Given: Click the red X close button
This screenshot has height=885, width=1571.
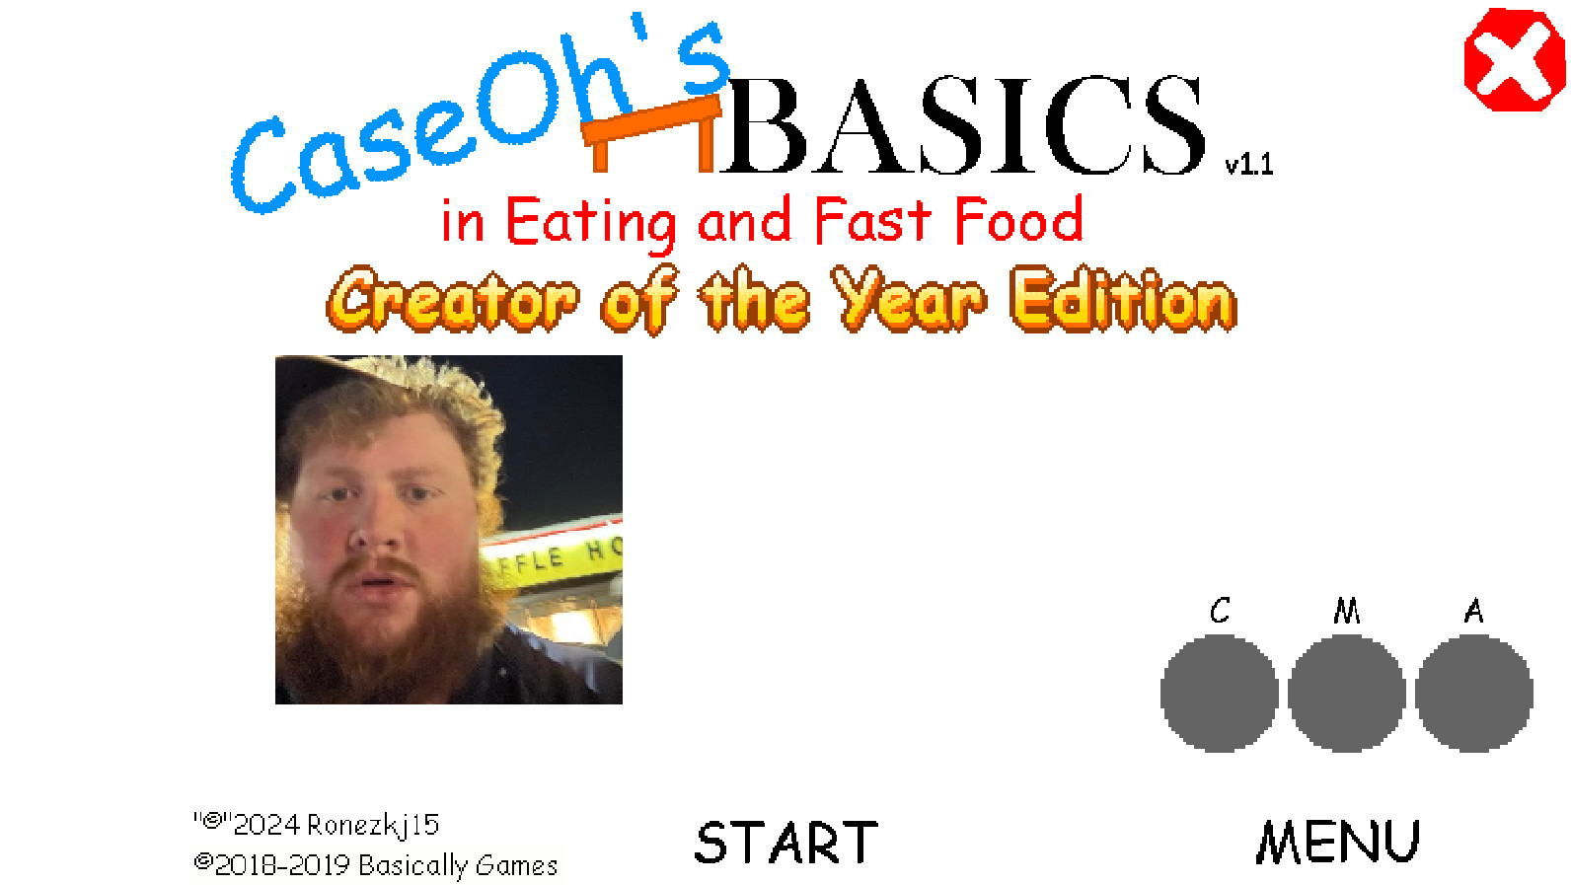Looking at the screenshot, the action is tap(1514, 59).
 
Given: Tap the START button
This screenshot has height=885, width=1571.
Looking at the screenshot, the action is tap(786, 843).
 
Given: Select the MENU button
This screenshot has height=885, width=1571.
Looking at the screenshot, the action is tap(1337, 842).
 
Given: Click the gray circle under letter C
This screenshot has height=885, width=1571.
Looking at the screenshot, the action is tap(1219, 694).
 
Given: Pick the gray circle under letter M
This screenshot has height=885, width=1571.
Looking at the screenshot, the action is tap(1347, 694).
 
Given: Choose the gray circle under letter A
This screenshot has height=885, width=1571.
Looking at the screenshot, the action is tap(1474, 694).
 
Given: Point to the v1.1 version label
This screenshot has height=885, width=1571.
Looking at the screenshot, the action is tap(1249, 165).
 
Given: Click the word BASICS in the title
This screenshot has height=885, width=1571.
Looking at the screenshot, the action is tap(962, 125).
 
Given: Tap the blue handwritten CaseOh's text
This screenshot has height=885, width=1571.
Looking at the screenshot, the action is tap(482, 112).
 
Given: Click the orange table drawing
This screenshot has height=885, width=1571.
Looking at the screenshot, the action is tap(652, 133).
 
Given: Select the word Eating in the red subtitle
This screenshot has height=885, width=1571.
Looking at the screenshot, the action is tap(590, 223).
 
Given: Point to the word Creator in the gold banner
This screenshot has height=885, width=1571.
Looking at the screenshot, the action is tap(452, 300).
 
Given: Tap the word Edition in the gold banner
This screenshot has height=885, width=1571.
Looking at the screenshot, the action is tap(1124, 300).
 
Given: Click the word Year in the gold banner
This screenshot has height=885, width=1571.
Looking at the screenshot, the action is tap(909, 299).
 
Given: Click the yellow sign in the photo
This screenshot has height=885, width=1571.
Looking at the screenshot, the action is tap(554, 555).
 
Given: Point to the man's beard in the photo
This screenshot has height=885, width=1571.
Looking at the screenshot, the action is tap(388, 625).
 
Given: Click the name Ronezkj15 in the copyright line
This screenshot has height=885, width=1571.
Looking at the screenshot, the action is tap(373, 826).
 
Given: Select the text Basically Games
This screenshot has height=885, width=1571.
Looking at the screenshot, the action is tap(458, 866).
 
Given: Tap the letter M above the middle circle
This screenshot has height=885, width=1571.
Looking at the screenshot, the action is tap(1347, 611).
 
